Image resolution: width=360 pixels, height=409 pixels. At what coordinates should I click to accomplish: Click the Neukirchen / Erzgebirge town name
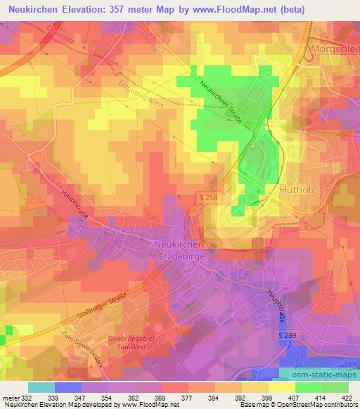[179, 249]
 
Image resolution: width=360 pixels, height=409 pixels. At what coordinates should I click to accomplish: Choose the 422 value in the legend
[347, 398]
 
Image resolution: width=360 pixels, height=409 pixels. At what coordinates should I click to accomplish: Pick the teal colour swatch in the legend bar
[41, 387]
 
